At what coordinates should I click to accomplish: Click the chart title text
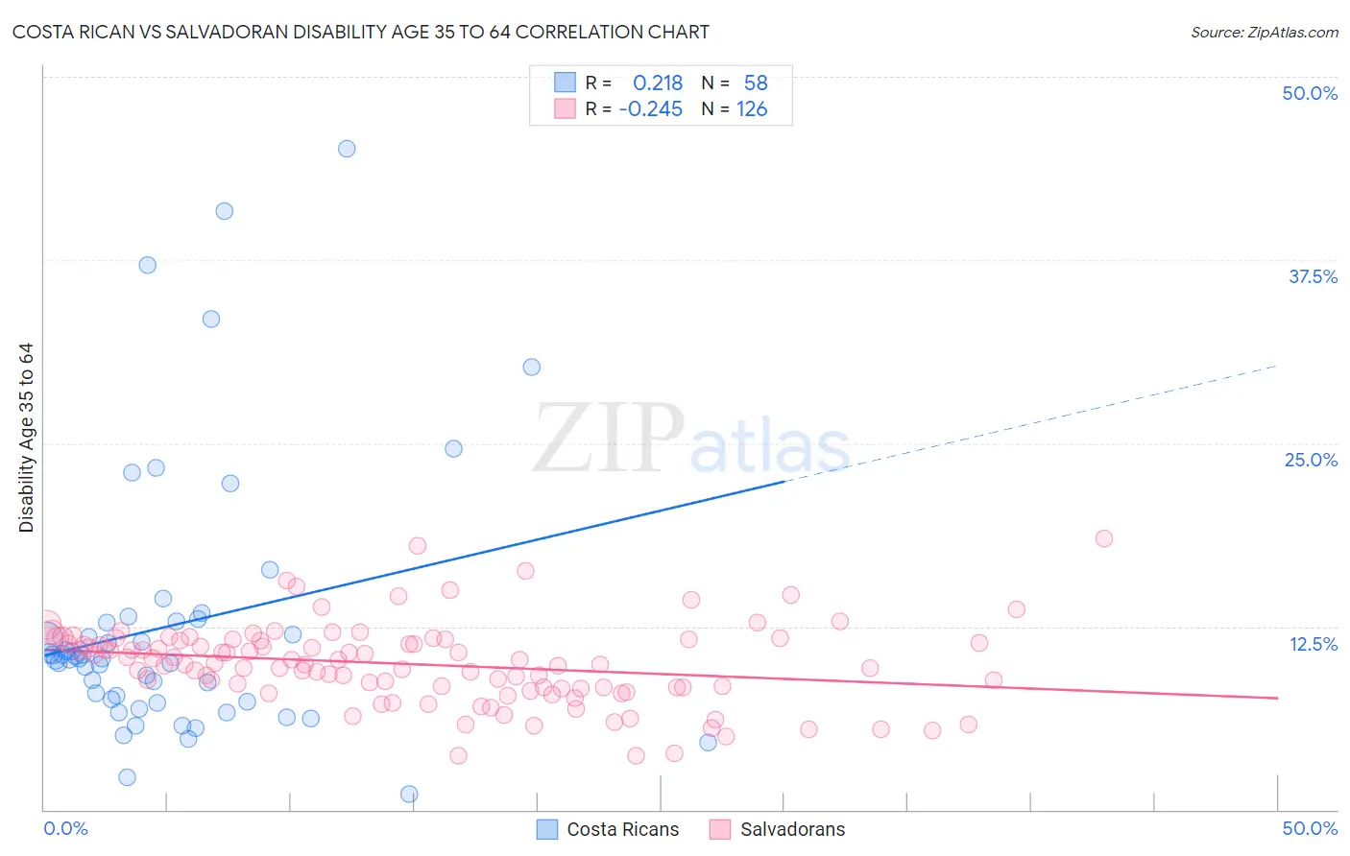(360, 33)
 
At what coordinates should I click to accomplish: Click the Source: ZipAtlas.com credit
(1264, 33)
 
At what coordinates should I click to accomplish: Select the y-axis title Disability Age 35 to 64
(27, 438)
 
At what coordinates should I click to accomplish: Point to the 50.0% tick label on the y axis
(1310, 94)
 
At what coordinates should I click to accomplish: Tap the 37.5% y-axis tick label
(1313, 277)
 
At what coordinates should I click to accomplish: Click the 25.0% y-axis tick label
(1311, 461)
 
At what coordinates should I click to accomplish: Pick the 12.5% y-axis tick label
(1313, 644)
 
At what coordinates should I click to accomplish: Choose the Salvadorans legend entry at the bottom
(778, 830)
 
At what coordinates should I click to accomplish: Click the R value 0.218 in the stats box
(658, 83)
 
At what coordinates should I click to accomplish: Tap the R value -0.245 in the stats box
(651, 109)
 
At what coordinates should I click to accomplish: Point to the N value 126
(752, 109)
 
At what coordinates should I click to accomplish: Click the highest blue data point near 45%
(347, 149)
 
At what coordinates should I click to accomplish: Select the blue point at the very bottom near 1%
(409, 794)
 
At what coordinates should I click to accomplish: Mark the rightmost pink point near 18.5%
(1104, 538)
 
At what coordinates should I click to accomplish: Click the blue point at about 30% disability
(531, 367)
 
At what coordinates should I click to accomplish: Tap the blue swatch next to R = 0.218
(565, 83)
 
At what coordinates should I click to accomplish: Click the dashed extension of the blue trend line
(1037, 420)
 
